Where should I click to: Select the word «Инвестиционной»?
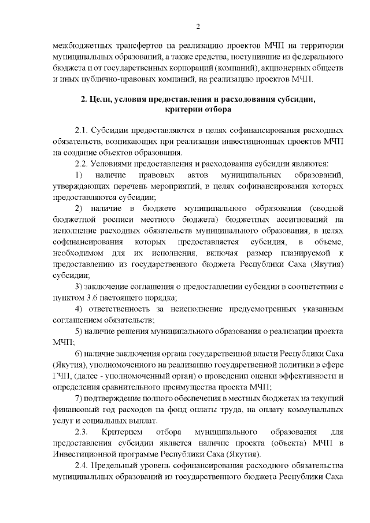[82, 454]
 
